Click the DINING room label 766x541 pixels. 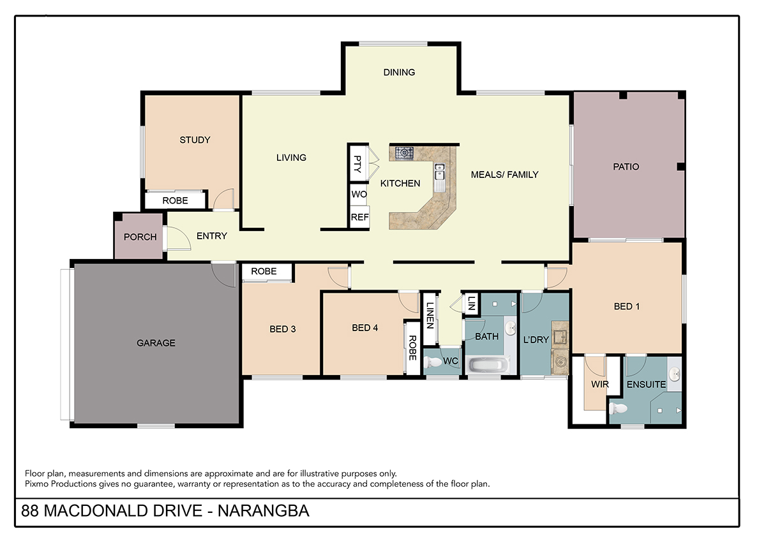[x=399, y=72]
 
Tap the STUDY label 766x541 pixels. [x=195, y=140]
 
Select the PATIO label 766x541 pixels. [x=626, y=167]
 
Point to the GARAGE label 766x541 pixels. [x=156, y=343]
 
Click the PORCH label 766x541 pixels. [x=140, y=237]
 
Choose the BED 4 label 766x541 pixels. [x=365, y=328]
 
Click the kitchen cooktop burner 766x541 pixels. [x=404, y=152]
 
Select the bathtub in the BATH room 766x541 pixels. [x=487, y=366]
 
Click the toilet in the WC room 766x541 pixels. [x=432, y=362]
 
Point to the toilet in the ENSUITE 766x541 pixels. [x=619, y=408]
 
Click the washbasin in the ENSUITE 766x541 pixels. [x=675, y=375]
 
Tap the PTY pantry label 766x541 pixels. [x=357, y=164]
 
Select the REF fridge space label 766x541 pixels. [x=360, y=217]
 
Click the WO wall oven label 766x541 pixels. [x=359, y=194]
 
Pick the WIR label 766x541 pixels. [x=600, y=384]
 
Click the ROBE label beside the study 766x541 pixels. [x=175, y=200]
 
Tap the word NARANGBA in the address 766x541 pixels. [x=264, y=511]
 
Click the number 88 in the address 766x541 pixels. [x=30, y=511]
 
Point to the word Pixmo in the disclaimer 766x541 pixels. [x=36, y=484]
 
